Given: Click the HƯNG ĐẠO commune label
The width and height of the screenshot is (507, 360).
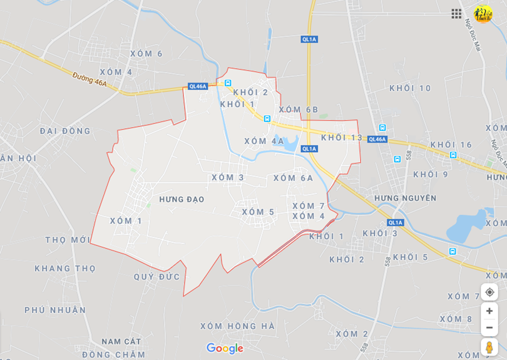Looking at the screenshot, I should click(182, 199).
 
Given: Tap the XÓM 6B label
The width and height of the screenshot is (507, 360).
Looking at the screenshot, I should click(299, 110).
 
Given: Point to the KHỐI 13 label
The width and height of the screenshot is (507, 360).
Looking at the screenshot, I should click(341, 138).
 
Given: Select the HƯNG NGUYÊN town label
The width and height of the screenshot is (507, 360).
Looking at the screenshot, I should click(405, 198).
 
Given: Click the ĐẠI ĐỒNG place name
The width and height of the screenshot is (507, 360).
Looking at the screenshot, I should click(65, 131).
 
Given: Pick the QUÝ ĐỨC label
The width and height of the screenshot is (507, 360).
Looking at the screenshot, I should click(156, 277).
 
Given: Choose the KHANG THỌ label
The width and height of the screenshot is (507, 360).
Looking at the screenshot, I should click(65, 269).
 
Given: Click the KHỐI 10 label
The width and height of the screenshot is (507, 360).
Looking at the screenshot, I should click(410, 88).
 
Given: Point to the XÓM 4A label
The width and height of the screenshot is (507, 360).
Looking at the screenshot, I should click(264, 141).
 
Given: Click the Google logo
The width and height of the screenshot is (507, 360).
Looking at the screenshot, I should click(224, 348).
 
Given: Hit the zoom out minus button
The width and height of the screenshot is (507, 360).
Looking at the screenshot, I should click(489, 327).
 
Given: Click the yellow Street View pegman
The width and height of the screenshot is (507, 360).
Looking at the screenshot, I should click(489, 347).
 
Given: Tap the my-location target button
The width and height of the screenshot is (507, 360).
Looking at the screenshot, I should click(489, 292).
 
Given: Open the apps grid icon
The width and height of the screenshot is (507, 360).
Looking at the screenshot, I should click(456, 14).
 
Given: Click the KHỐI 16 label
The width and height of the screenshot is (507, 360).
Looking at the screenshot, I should click(451, 145).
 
